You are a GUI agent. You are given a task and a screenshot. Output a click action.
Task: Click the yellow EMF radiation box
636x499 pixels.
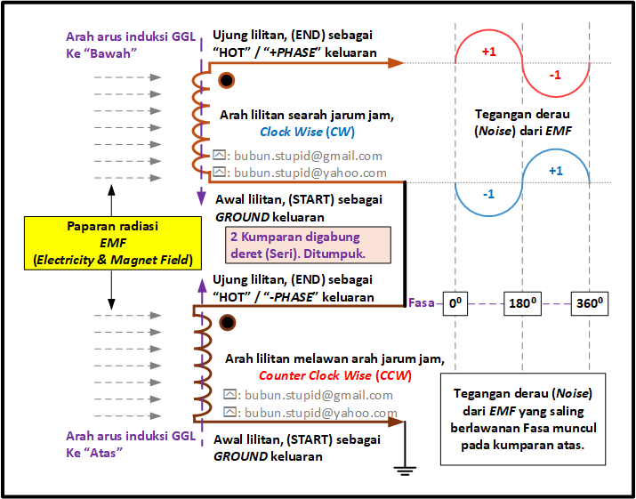(113, 243)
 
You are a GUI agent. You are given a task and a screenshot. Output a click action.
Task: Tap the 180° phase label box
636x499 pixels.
(522, 303)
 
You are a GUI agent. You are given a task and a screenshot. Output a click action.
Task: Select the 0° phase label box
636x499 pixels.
(455, 303)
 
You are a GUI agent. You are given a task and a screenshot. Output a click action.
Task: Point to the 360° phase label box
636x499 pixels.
(590, 303)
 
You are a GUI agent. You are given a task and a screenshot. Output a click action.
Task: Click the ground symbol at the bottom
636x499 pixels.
(405, 471)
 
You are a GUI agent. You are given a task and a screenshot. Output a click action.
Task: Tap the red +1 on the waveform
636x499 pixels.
(488, 52)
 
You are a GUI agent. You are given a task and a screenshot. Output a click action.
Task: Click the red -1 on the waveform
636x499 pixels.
(555, 75)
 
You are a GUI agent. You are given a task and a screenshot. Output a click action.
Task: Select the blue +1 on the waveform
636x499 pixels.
(556, 171)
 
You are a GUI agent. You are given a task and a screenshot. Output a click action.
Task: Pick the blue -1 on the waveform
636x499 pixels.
(488, 194)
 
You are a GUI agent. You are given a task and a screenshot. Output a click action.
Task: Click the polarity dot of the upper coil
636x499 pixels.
(227, 80)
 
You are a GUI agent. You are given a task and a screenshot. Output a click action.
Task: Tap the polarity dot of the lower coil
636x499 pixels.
(227, 323)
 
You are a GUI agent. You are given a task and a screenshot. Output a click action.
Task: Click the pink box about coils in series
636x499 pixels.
(309, 245)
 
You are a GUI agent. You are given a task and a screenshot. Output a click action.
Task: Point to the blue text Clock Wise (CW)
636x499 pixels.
(308, 132)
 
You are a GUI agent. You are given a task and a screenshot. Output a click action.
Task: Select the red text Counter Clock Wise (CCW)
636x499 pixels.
(335, 375)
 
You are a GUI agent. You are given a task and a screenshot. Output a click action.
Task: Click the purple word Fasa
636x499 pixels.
(422, 303)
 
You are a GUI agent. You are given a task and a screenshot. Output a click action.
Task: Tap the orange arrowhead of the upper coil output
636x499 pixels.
(396, 63)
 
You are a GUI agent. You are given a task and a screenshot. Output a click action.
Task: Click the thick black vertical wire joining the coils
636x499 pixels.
(405, 244)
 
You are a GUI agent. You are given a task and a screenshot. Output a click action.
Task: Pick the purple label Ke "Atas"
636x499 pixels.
(94, 453)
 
